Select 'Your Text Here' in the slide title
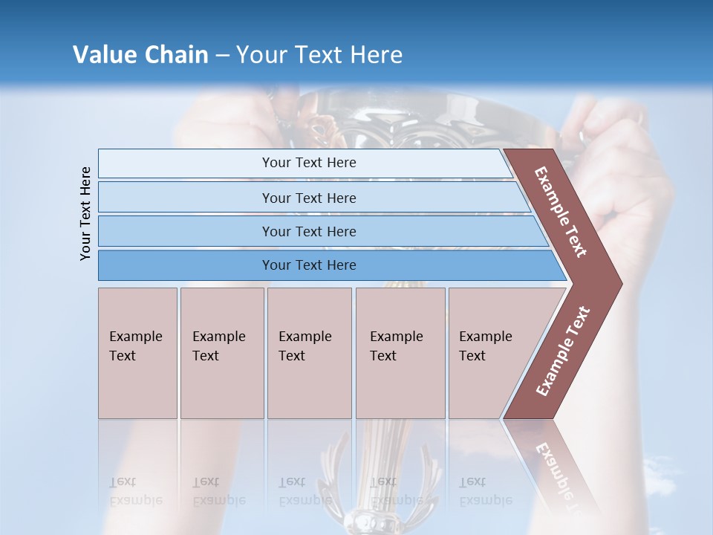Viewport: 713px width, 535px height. [x=319, y=55]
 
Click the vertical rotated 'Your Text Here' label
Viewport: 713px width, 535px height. [x=85, y=213]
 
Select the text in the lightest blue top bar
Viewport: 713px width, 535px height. [x=309, y=163]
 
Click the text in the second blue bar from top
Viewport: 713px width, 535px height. [x=309, y=198]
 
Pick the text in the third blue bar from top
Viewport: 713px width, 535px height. [x=309, y=231]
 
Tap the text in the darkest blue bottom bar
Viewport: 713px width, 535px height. [x=309, y=265]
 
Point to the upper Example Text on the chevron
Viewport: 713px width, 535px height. [x=561, y=212]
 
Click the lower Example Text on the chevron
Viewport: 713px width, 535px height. [x=563, y=351]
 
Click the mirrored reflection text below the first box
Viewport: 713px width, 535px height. [x=136, y=490]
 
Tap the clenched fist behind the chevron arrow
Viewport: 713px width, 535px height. [x=631, y=186]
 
